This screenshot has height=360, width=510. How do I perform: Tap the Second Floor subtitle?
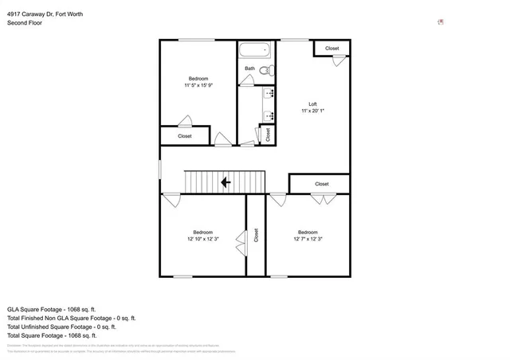pyautogui.click(x=25, y=23)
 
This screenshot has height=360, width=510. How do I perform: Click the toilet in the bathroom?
pyautogui.click(x=267, y=71)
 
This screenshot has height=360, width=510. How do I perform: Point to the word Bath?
pyautogui.click(x=249, y=68)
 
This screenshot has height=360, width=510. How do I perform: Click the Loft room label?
pyautogui.click(x=313, y=104)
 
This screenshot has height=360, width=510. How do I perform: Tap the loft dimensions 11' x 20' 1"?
pyautogui.click(x=313, y=112)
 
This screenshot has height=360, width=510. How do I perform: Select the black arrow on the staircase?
pyautogui.click(x=226, y=182)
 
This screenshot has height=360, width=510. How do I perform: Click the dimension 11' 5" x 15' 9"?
pyautogui.click(x=198, y=85)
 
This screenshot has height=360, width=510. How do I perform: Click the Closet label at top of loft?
pyautogui.click(x=331, y=49)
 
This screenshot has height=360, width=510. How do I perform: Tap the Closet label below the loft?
pyautogui.click(x=321, y=184)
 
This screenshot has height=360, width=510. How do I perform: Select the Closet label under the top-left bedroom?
pyautogui.click(x=185, y=136)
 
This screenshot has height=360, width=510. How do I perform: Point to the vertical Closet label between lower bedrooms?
pyautogui.click(x=256, y=235)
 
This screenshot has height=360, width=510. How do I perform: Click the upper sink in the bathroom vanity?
pyautogui.click(x=269, y=93)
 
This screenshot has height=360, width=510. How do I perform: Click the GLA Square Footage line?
pyautogui.click(x=52, y=309)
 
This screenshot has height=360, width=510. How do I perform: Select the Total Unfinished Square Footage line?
pyautogui.click(x=61, y=327)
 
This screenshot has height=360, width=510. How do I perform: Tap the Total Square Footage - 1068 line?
pyautogui.click(x=52, y=335)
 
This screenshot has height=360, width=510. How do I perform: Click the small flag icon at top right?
pyautogui.click(x=440, y=22)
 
